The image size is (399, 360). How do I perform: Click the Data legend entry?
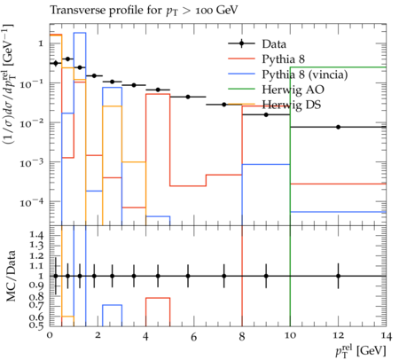point(274,44)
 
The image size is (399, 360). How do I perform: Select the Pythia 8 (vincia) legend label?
point(305,74)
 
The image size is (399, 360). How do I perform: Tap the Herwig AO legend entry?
point(293,90)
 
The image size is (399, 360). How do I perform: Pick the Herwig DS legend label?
point(292,105)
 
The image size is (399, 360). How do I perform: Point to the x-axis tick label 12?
point(338,335)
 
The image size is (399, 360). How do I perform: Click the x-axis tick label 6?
point(193,337)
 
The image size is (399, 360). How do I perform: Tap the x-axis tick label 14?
point(387,336)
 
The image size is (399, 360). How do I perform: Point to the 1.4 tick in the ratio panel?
point(37,235)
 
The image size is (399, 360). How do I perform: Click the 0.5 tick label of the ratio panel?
point(37,325)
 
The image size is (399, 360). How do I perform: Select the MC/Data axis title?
point(11,276)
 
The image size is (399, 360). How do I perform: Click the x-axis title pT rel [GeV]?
point(361,351)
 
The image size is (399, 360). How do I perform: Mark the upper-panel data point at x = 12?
point(338,127)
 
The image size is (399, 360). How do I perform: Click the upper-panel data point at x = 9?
point(266,114)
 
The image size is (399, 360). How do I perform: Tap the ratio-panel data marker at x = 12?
point(338,276)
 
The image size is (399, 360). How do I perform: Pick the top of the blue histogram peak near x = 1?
point(80,33)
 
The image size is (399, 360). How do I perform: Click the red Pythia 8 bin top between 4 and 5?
point(158,94)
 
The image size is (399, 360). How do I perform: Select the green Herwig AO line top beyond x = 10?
point(338,67)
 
